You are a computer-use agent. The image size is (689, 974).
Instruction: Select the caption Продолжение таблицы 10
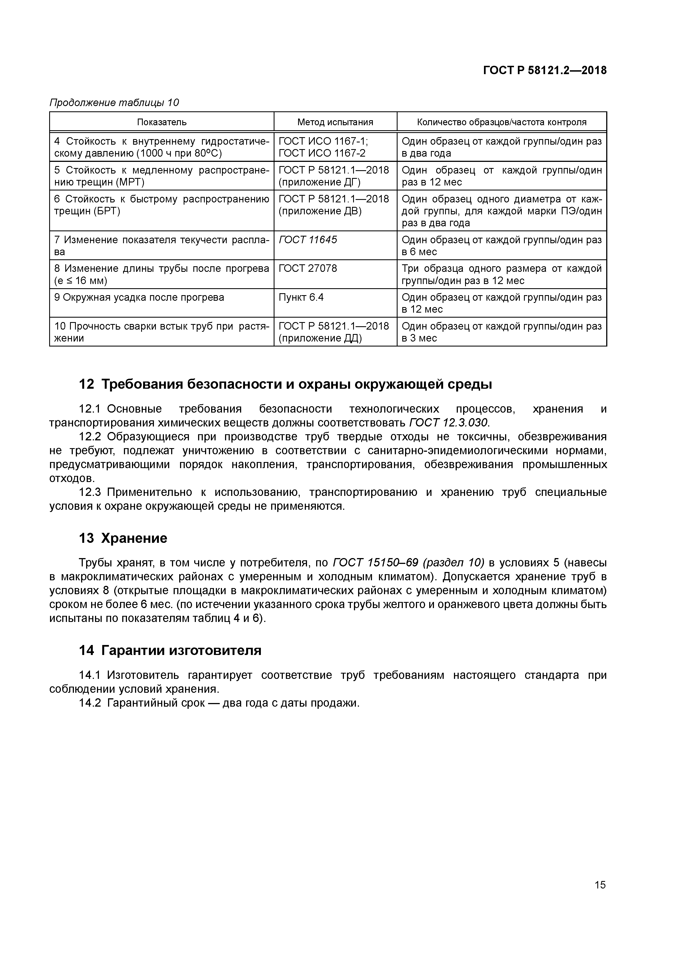[114, 103]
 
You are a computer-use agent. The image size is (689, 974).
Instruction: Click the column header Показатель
[161, 122]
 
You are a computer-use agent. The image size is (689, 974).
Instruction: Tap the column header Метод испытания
[335, 122]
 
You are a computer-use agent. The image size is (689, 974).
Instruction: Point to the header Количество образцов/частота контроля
[501, 122]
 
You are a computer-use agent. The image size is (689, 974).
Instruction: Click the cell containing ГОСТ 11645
[308, 240]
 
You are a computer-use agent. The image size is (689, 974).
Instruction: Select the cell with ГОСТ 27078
[308, 268]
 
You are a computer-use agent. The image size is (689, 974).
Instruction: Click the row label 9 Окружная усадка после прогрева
[139, 297]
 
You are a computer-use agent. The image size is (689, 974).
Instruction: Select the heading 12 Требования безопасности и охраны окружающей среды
[285, 384]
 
